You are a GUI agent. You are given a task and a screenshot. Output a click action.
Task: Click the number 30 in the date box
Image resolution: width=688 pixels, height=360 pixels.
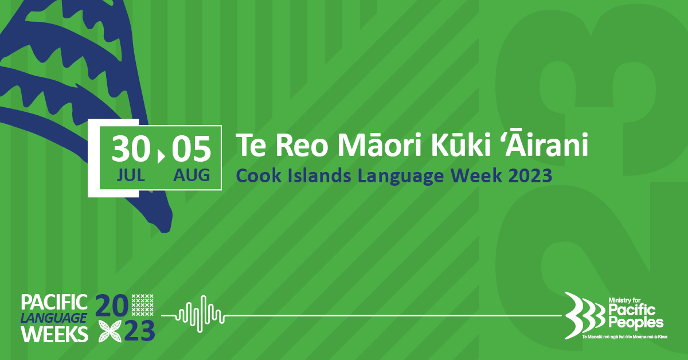[131, 148]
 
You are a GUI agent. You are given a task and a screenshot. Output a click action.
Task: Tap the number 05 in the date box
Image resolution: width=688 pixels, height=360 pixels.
[191, 148]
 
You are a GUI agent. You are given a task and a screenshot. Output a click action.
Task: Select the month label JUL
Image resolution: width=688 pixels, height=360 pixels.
[131, 175]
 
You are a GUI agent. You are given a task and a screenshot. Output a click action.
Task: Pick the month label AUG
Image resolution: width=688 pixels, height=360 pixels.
[191, 175]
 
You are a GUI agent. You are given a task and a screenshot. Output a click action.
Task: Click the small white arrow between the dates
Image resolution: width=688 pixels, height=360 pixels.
[161, 156]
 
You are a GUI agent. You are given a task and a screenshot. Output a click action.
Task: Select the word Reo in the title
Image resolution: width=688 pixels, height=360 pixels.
[302, 146]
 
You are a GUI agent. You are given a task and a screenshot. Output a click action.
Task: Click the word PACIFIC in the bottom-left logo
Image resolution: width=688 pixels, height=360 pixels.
[54, 302]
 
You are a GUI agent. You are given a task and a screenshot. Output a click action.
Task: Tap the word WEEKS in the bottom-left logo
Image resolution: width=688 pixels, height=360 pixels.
[54, 334]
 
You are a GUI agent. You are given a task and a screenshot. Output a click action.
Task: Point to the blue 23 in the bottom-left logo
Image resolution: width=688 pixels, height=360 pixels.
[139, 331]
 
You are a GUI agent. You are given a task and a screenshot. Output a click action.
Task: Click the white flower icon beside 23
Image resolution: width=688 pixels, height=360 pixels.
[110, 331]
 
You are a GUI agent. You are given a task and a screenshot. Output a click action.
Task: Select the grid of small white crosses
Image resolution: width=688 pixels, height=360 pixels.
[143, 305]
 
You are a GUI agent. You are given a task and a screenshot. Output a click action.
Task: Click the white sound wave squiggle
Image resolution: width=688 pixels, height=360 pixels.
[200, 314]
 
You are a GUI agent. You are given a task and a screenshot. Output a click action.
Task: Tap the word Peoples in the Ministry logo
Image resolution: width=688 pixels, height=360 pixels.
[636, 323]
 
